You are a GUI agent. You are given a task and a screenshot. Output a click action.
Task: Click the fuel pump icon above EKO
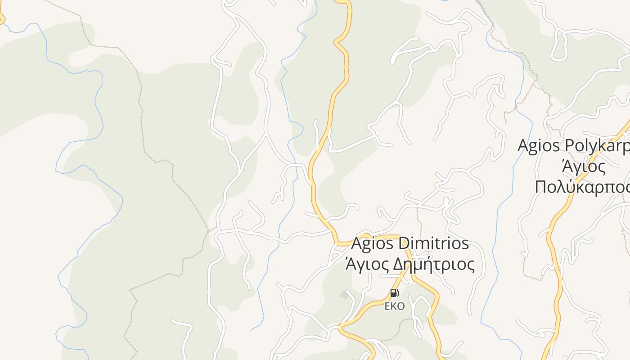pyautogui.click(x=394, y=293)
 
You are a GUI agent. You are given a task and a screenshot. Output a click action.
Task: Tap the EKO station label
pyautogui.click(x=394, y=306)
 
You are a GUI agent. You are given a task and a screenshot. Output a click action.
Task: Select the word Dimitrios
pyautogui.click(x=434, y=243)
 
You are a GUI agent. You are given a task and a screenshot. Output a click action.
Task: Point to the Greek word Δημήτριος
pyautogui.click(x=434, y=265)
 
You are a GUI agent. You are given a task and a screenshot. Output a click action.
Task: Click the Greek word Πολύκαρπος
pyautogui.click(x=582, y=187)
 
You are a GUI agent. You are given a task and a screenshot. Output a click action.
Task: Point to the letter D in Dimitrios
pyautogui.click(x=404, y=243)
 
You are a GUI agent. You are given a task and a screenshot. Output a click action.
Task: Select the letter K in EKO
pyautogui.click(x=394, y=306)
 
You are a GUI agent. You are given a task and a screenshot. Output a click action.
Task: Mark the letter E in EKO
pyautogui.click(x=387, y=306)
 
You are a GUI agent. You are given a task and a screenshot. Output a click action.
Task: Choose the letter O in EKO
pyautogui.click(x=401, y=306)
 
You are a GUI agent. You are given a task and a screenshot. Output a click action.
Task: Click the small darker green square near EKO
pyautogui.click(x=344, y=295)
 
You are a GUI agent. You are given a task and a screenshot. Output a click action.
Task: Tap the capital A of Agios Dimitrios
pyautogui.click(x=356, y=243)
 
